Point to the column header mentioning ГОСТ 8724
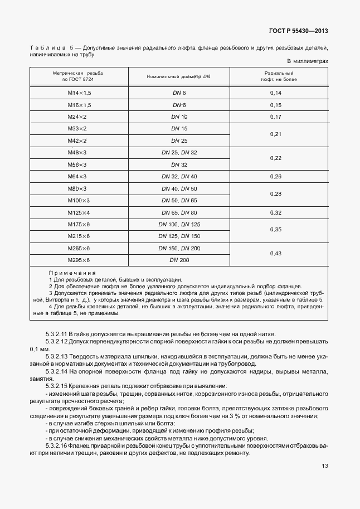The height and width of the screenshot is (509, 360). coord(79,76)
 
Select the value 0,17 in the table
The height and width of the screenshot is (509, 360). coord(275,117)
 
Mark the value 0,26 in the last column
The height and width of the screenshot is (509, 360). coord(275,177)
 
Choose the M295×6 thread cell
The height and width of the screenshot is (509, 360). coord(79,260)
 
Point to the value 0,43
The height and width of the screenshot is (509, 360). coord(275,254)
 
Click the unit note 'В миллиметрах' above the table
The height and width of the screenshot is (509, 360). coord(308,61)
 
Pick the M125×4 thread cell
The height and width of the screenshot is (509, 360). coord(79,212)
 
